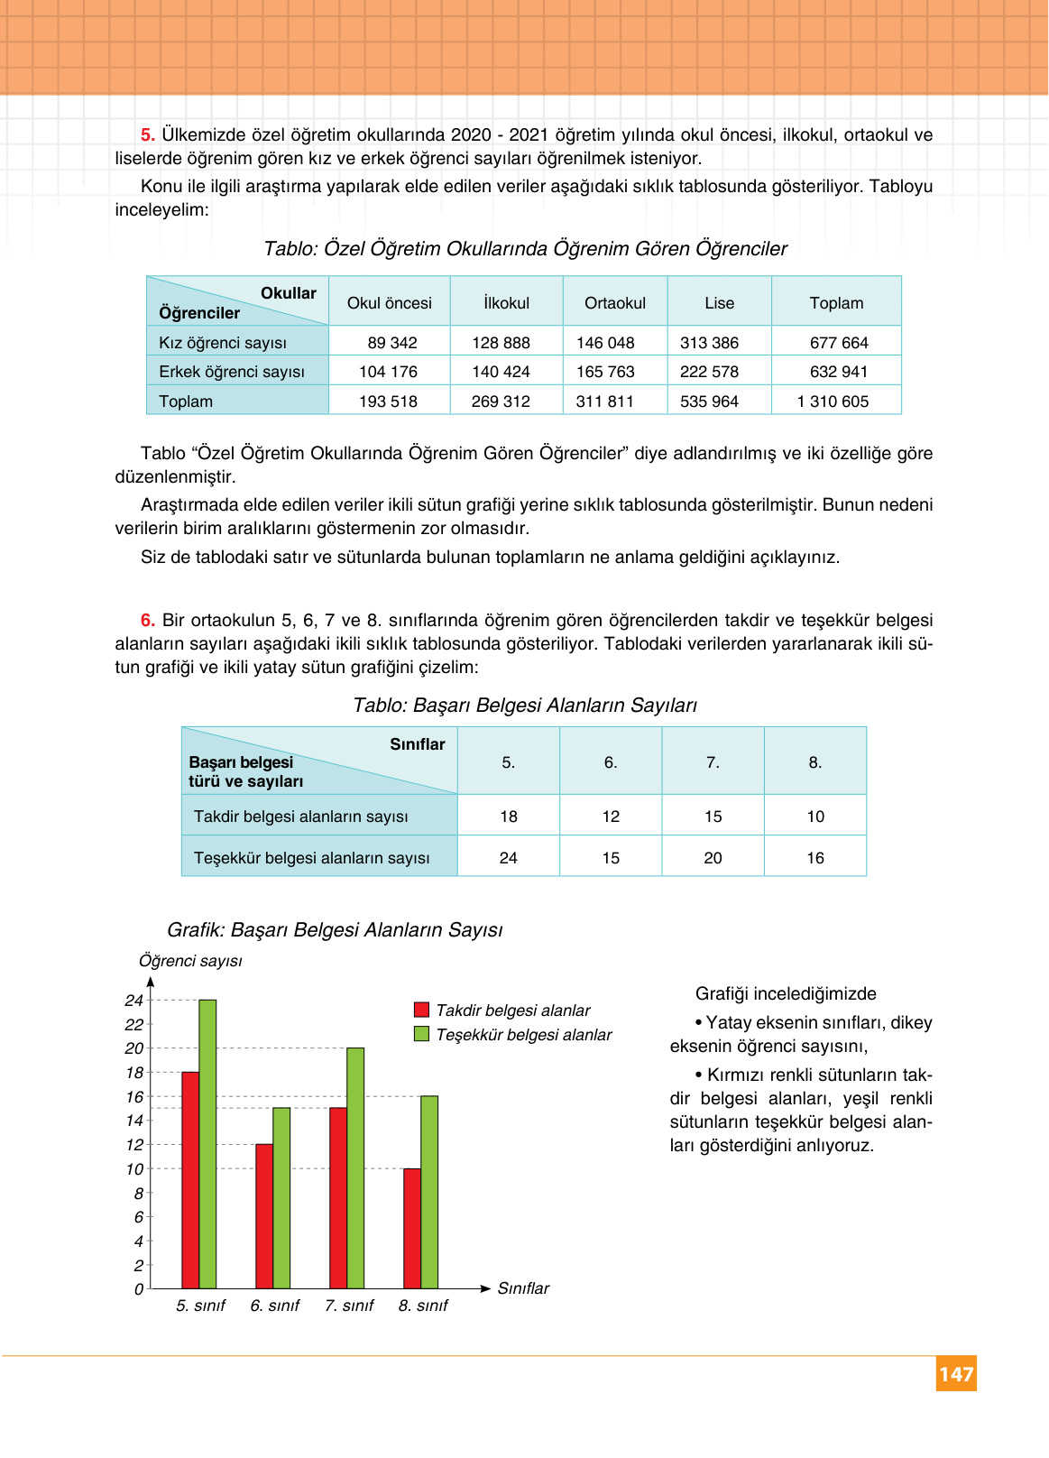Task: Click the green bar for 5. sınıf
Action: point(207,1144)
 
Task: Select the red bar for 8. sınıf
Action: point(411,1228)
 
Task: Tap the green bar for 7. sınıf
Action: point(355,1167)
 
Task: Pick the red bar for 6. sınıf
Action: point(263,1216)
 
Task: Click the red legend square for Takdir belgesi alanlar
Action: point(421,1010)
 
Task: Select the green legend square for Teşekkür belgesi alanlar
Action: point(421,1034)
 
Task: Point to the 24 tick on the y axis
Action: point(134,1000)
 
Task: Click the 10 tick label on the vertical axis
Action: point(134,1169)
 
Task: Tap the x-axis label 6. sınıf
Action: point(274,1306)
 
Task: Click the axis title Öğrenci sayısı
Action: point(190,961)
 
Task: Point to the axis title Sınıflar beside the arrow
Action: point(523,1288)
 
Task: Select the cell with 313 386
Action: point(709,343)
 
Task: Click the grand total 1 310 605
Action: point(833,401)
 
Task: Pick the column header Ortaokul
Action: point(615,303)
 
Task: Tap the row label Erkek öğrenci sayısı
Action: point(232,372)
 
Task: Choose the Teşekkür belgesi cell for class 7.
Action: point(713,858)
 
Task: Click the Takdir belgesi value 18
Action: point(509,817)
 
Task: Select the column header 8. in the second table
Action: point(815,762)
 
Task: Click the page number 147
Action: point(956,1374)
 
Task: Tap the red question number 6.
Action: point(148,620)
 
